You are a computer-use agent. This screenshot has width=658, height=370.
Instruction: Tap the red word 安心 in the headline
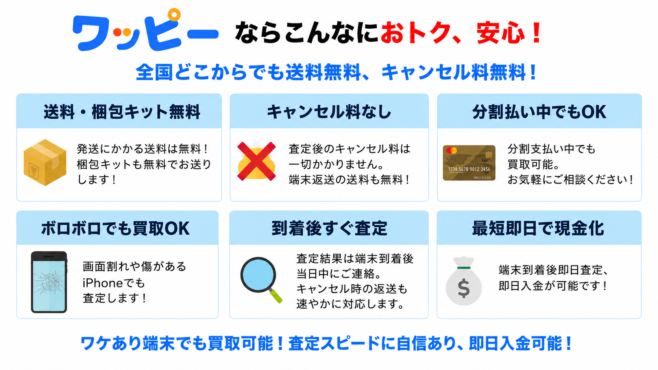[x=501, y=33]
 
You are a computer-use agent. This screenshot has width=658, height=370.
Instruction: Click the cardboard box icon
[x=45, y=162]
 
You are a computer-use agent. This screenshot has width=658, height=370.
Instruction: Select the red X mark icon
[x=257, y=161]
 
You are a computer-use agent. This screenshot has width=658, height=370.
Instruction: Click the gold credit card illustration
[x=469, y=163]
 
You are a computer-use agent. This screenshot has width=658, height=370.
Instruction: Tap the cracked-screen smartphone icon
[x=49, y=282]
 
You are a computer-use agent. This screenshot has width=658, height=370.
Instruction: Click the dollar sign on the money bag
[x=464, y=289]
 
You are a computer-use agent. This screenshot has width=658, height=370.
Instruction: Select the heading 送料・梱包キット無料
[x=122, y=112]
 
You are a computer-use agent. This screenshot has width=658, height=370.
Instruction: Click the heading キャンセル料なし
[x=329, y=112]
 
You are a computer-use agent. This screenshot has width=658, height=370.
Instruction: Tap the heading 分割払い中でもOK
[x=539, y=112]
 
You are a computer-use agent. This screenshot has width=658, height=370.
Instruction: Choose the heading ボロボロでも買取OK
[x=115, y=228]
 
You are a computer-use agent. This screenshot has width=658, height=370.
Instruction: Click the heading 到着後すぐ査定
[x=329, y=228]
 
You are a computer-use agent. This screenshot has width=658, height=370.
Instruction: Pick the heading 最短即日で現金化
[x=538, y=228]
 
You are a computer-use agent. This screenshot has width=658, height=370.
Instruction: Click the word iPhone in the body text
[x=100, y=283]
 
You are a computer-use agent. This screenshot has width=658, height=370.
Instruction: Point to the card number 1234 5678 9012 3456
[x=469, y=169]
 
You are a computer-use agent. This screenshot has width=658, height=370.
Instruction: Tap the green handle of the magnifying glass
[x=276, y=296]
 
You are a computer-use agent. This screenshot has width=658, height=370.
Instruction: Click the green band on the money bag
[x=464, y=268]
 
